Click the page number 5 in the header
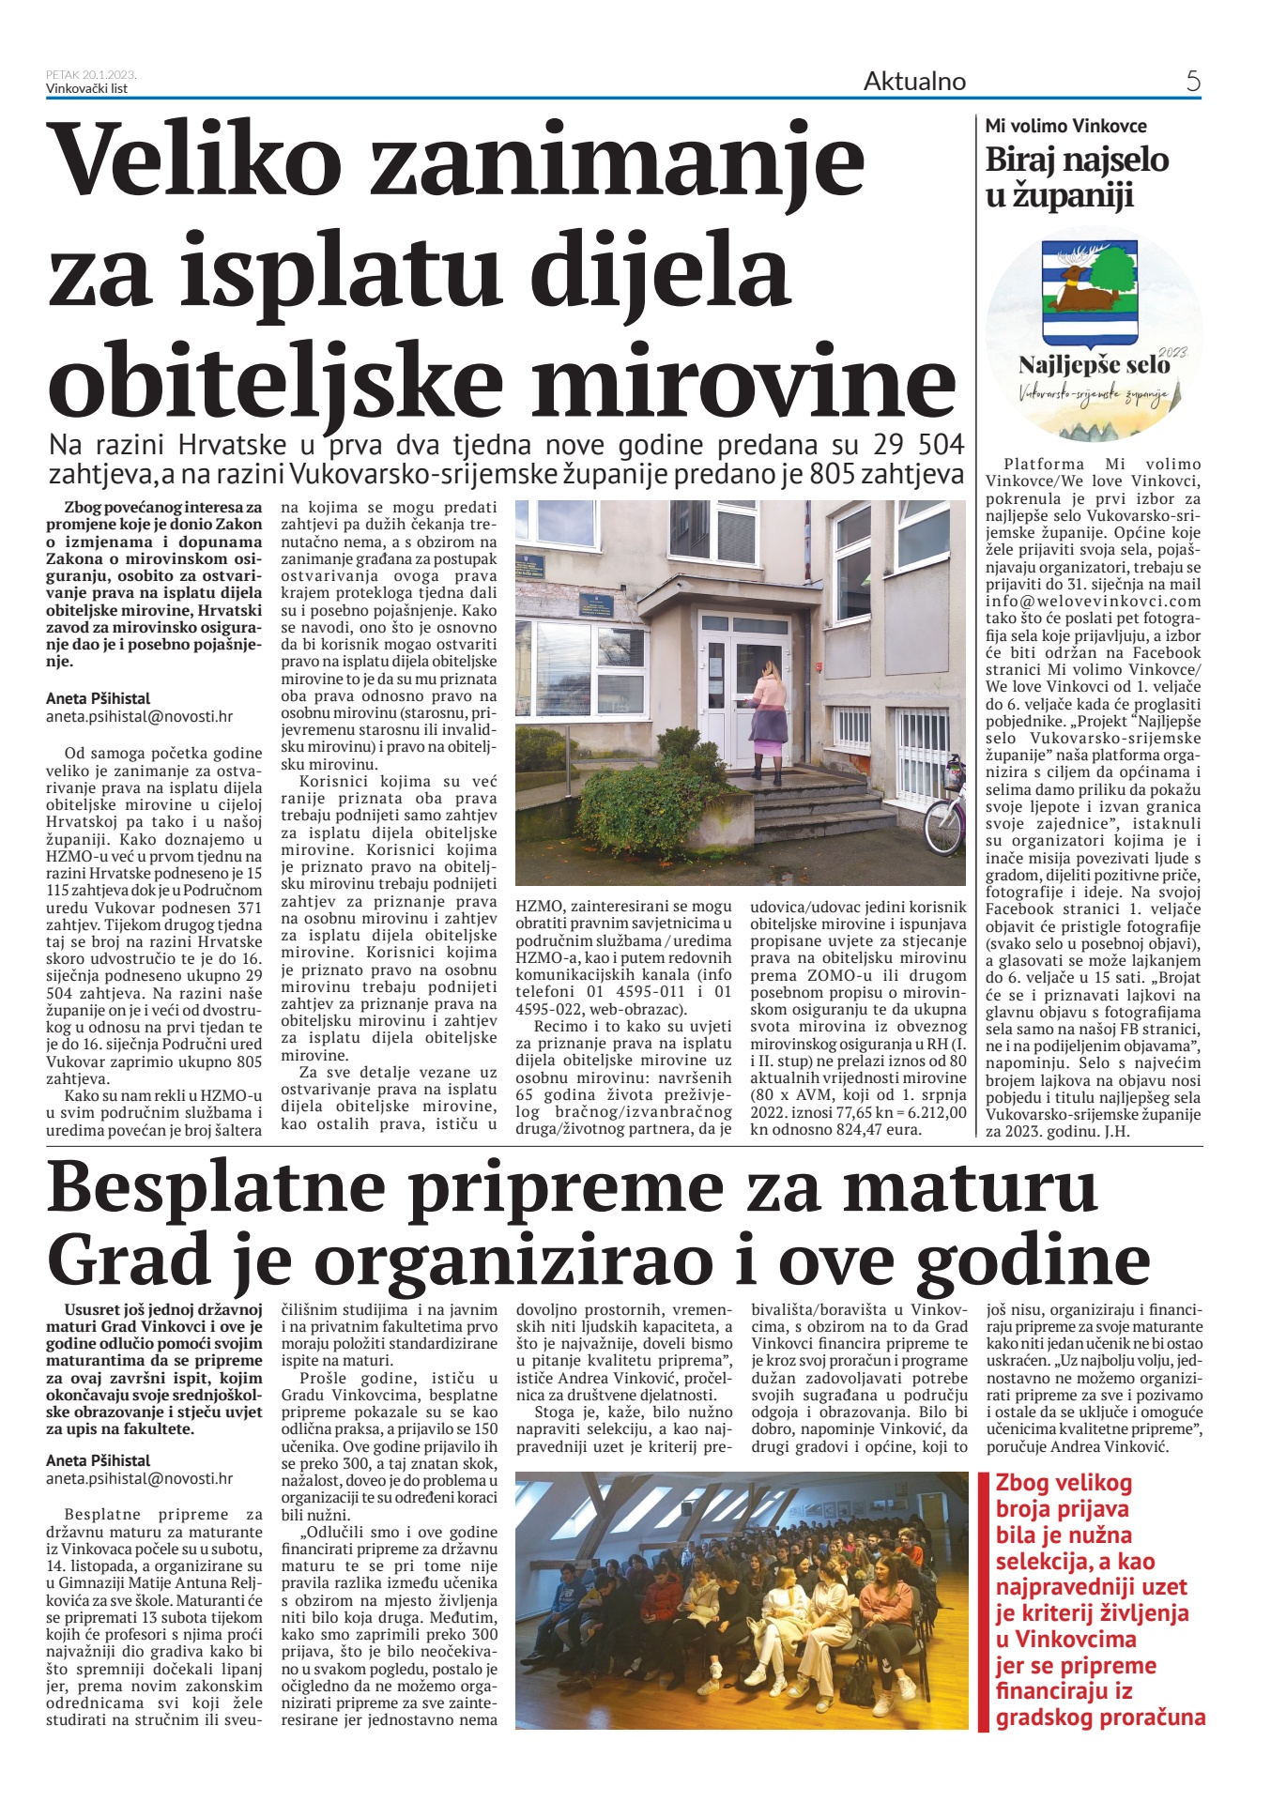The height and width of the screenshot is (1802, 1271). pos(1193,82)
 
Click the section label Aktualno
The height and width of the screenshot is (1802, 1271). pos(914,82)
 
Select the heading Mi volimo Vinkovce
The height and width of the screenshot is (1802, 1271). pos(1065,126)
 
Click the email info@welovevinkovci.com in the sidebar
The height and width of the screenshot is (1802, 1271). pos(1093,602)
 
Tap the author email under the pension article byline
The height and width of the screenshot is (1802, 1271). pos(139,716)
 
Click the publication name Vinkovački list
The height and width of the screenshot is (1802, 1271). pos(86,88)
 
